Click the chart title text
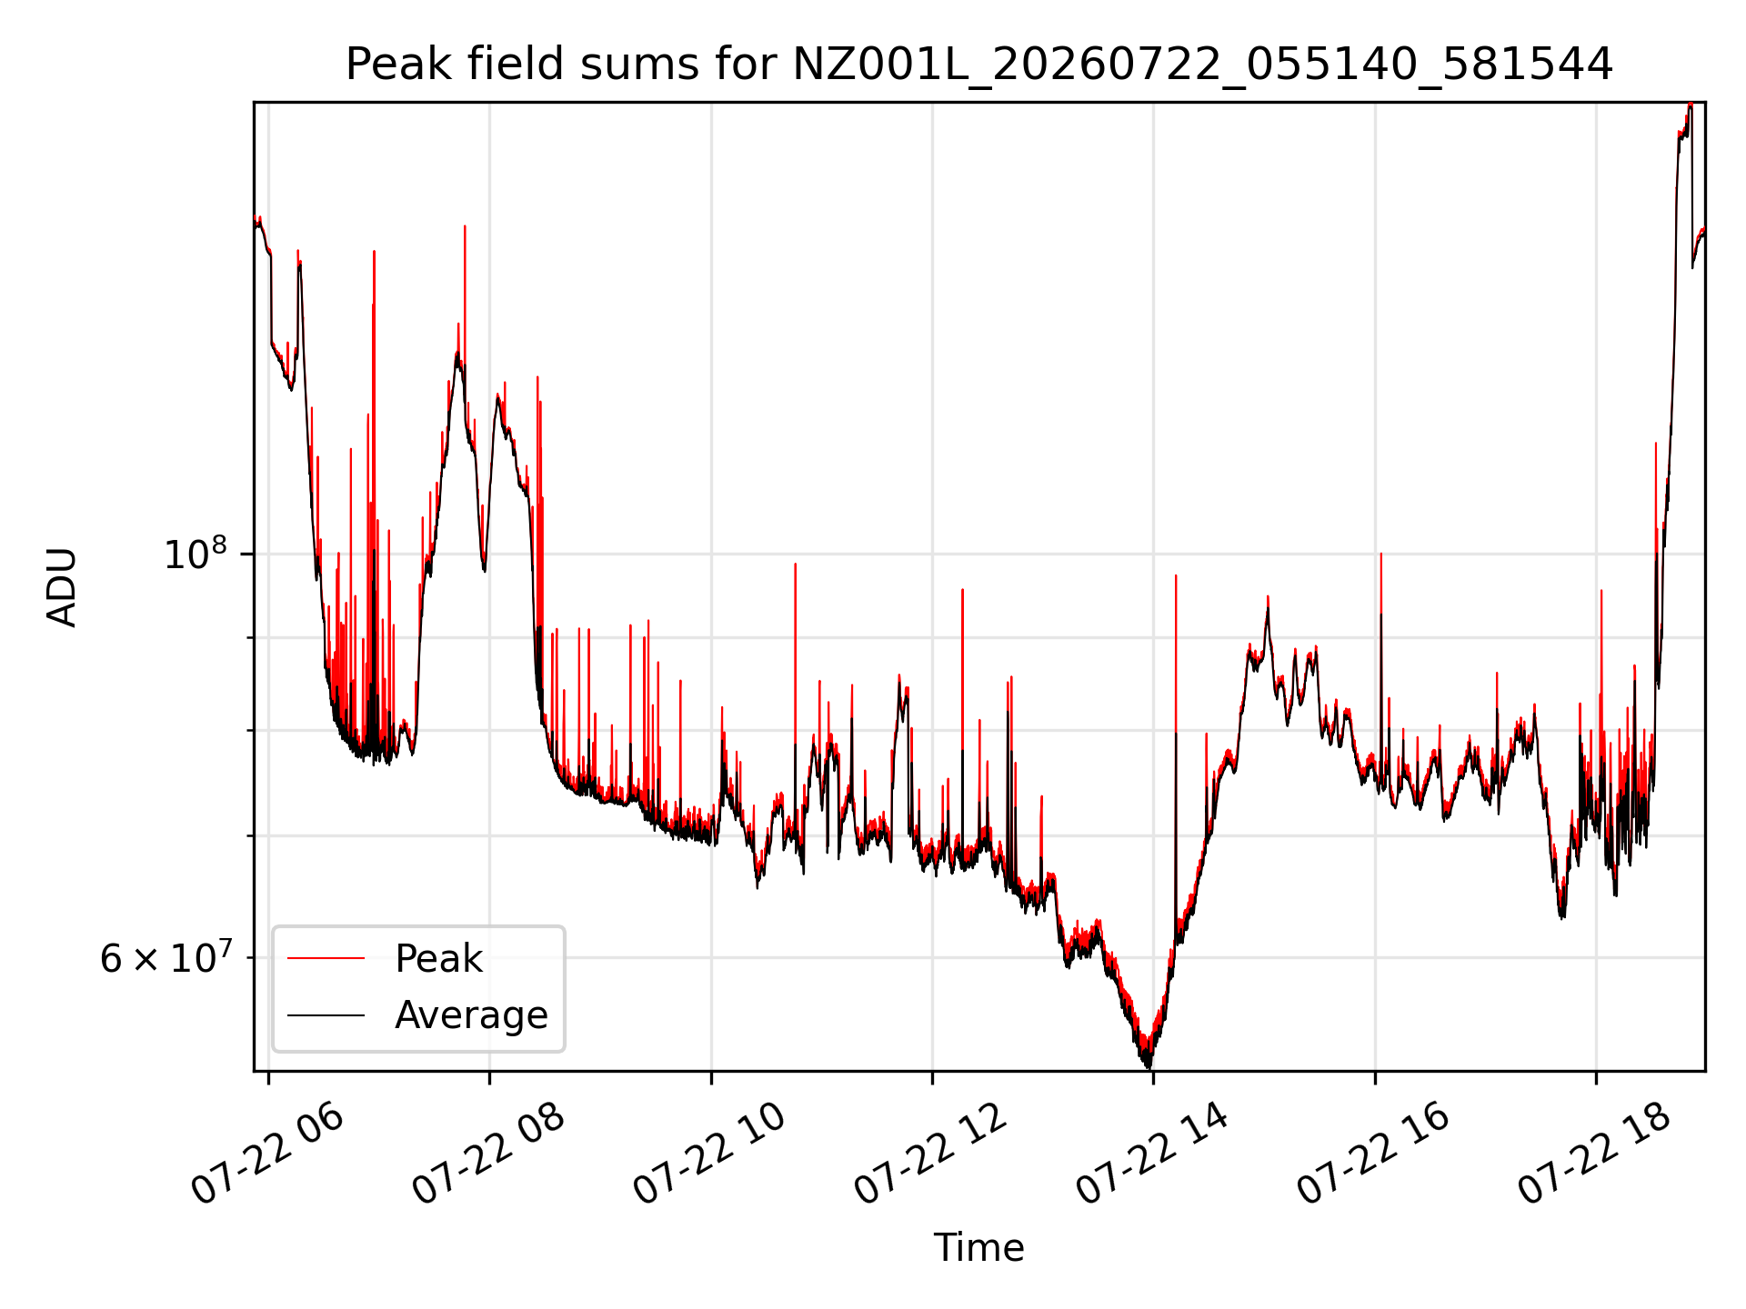coord(979,65)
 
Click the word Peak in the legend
coord(438,959)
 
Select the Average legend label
coord(471,1015)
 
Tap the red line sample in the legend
coord(326,958)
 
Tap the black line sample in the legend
coord(326,1014)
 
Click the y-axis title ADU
coord(62,587)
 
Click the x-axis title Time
coord(978,1248)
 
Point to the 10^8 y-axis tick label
coord(195,553)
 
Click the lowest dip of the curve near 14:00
coord(1149,1067)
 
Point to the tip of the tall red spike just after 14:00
coord(1176,575)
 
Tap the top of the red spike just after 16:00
coord(1381,553)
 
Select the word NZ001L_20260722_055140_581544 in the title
coord(1203,65)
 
